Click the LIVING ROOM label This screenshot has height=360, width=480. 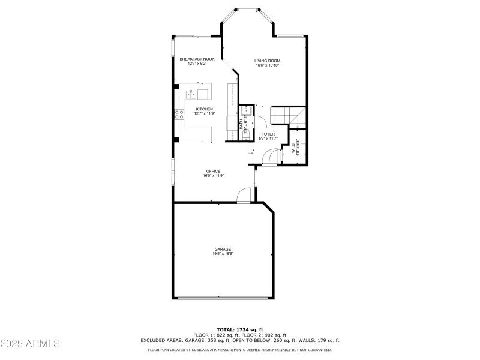(267, 61)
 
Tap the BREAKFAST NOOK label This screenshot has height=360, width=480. (197, 59)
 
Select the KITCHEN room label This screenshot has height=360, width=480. (204, 109)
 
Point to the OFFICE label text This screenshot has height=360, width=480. (213, 171)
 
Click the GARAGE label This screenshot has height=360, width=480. (223, 249)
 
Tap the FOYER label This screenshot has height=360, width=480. (268, 134)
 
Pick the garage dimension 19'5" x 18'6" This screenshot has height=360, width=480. (223, 254)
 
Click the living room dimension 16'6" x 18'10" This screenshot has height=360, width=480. (267, 65)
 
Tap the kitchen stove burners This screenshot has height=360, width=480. (178, 115)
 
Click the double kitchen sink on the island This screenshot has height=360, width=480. (191, 94)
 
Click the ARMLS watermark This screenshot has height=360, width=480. (30, 344)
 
